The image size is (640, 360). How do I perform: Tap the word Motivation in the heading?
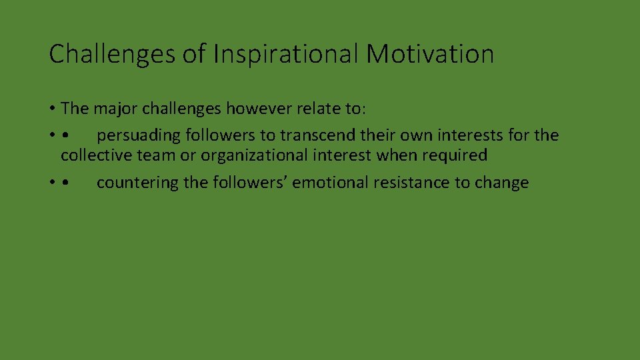click(430, 54)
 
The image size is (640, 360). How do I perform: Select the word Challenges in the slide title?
click(111, 54)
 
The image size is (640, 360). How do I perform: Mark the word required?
click(456, 155)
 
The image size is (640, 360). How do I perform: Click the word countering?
click(137, 183)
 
